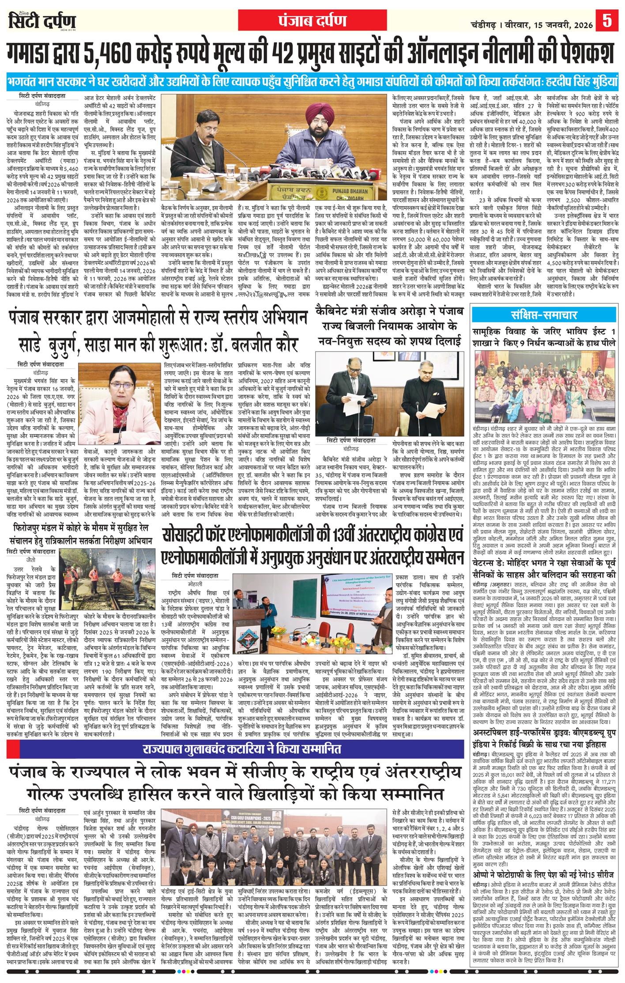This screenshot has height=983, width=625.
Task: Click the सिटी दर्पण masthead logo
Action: [42, 22]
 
